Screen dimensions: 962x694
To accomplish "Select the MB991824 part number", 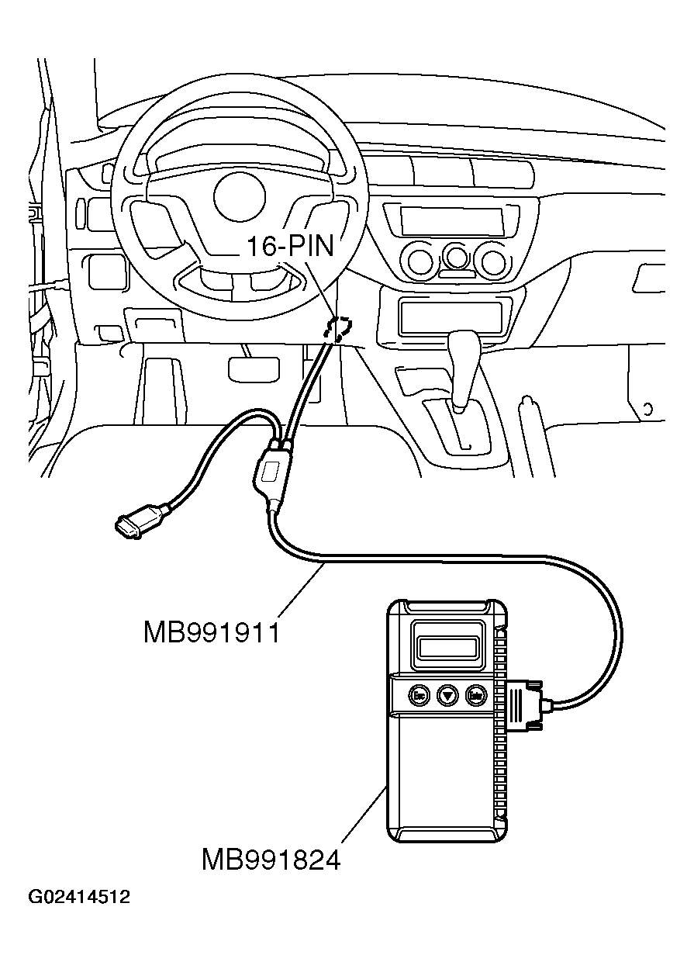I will (x=271, y=860).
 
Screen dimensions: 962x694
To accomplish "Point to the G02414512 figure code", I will (x=79, y=898).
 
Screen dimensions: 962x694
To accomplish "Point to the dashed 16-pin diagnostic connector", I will (x=339, y=328).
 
